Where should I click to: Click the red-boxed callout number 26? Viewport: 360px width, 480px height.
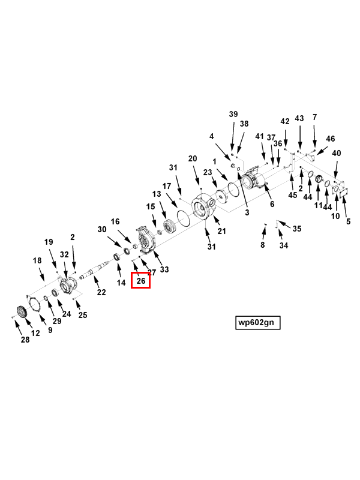[x=141, y=280]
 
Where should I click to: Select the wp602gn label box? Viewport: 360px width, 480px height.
[x=258, y=323]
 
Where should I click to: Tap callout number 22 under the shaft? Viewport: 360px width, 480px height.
[x=101, y=292]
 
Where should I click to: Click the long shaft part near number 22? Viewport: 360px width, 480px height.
[x=95, y=269]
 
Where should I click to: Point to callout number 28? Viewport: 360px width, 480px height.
[x=25, y=340]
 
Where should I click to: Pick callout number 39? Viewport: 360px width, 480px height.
[x=233, y=114]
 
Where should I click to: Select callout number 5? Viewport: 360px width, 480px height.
[x=349, y=221]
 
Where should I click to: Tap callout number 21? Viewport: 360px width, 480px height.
[x=221, y=231]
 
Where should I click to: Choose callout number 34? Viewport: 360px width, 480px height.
[x=284, y=245]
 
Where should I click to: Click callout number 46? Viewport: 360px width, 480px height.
[x=331, y=139]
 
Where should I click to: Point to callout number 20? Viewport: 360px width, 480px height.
[x=193, y=158]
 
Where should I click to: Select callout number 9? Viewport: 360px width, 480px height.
[x=50, y=330]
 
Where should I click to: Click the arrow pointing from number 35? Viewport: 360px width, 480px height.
[x=284, y=224]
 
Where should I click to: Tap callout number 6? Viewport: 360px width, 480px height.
[x=272, y=204]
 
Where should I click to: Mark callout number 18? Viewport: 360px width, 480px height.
[x=37, y=260]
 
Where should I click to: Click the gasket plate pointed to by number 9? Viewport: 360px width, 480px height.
[x=35, y=304]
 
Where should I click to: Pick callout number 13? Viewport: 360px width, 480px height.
[x=157, y=194]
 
